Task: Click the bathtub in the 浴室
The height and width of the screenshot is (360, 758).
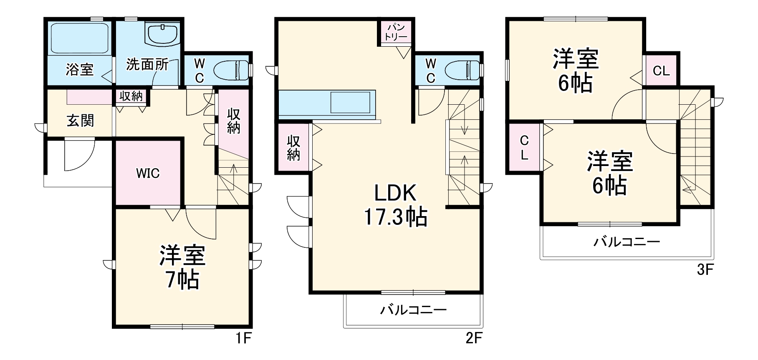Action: click(x=79, y=38)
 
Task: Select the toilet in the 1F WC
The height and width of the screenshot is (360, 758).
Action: click(x=232, y=70)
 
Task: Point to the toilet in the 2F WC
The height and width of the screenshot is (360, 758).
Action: click(x=463, y=70)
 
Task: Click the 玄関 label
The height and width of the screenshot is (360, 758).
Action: click(x=80, y=121)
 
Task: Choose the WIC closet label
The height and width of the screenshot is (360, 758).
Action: click(x=148, y=173)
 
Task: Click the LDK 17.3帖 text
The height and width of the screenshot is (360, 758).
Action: click(x=395, y=205)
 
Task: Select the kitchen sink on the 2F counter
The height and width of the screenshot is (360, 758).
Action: click(x=350, y=102)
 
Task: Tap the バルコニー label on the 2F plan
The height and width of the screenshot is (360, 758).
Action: click(x=413, y=310)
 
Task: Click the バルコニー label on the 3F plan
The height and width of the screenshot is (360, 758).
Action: click(x=627, y=242)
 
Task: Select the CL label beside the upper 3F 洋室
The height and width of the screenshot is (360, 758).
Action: click(x=661, y=71)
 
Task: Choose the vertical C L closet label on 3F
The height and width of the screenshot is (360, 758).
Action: click(x=524, y=148)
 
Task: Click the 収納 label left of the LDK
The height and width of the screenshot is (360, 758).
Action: click(x=293, y=148)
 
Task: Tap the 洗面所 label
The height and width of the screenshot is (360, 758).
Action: click(x=147, y=65)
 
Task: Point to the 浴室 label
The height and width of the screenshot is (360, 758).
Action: click(x=79, y=69)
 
